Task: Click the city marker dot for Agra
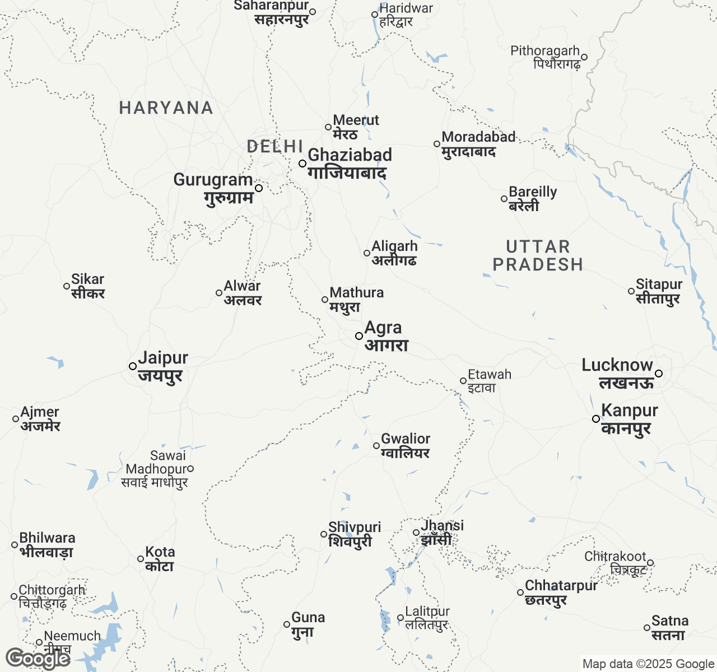click(359, 336)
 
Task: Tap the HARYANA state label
click(166, 108)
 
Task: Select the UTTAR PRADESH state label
click(538, 255)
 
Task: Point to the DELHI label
click(275, 147)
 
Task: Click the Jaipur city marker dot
click(133, 366)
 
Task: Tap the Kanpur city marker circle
click(596, 419)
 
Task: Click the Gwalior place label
click(406, 446)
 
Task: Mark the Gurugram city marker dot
click(259, 188)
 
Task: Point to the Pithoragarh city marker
click(584, 57)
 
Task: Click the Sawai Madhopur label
click(155, 469)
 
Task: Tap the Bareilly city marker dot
click(504, 199)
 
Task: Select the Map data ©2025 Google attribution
click(648, 664)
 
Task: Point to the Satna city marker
click(647, 628)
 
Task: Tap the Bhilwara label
click(47, 544)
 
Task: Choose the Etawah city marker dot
click(463, 381)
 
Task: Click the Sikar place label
click(88, 286)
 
